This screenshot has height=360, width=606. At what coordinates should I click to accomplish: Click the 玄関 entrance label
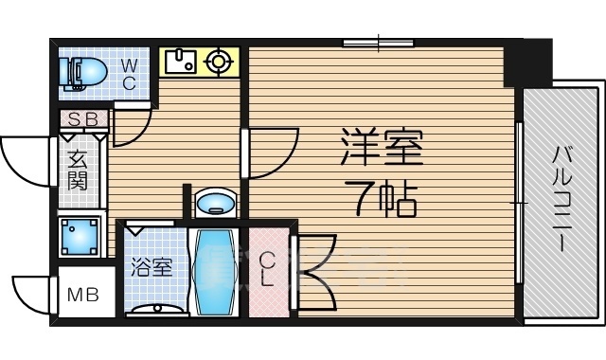78,171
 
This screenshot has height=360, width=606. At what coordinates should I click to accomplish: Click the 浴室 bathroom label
151,267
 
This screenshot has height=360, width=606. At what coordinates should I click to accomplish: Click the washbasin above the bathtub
217,203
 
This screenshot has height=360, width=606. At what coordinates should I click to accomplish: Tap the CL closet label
268,269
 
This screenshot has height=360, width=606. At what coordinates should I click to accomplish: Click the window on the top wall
378,42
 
